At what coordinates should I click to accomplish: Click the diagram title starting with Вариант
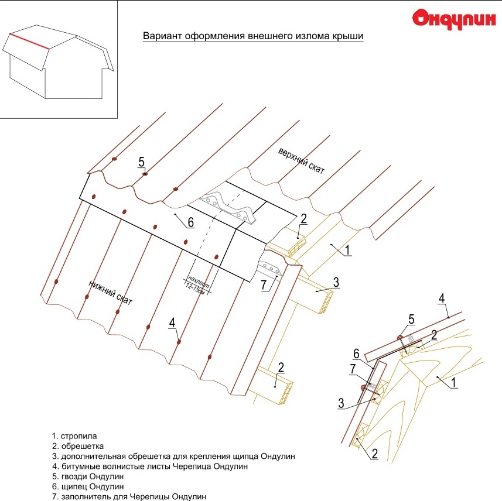[x=253, y=36]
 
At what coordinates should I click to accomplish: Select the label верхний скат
[x=301, y=159]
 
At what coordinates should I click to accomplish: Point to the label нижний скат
[x=111, y=291]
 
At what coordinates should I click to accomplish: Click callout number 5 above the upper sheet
[x=141, y=162]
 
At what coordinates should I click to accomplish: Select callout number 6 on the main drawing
[x=190, y=222]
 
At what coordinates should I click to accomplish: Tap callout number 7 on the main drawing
[x=263, y=285]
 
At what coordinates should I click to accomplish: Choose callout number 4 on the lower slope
[x=172, y=322]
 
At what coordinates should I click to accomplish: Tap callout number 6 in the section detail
[x=356, y=354]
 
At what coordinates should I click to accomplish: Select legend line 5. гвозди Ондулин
[x=88, y=476]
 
